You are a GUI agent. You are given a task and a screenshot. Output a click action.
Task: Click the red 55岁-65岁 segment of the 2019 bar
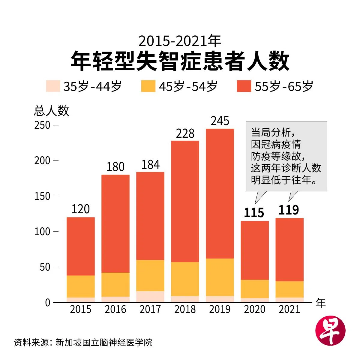coord(220,193)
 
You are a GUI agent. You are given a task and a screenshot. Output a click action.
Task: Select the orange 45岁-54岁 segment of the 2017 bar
coord(150,275)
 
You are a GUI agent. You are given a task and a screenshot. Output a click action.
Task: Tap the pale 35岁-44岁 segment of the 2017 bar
coord(150,296)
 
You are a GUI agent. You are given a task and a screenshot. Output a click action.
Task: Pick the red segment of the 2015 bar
coord(80,246)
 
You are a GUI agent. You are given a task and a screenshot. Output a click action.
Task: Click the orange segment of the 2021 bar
coord(289,289)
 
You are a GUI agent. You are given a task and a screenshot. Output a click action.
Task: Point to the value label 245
coord(220,121)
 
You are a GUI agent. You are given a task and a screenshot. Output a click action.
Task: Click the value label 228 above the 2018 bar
coord(185,133)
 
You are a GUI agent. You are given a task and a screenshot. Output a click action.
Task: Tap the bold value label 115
coord(254,213)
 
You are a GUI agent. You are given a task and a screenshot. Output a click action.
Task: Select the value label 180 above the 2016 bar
coord(115,167)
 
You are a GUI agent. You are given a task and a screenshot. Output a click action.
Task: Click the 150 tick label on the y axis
coord(42,196)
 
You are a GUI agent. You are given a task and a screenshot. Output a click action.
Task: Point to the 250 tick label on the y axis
coord(42,125)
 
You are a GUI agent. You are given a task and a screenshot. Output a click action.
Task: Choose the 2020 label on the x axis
coord(254,309)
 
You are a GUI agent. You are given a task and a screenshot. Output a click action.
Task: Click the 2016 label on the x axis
coord(115,309)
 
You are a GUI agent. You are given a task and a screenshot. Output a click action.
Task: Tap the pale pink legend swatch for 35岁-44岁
coord(53,86)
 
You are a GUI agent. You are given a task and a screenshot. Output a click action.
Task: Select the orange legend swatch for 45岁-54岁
coord(148,86)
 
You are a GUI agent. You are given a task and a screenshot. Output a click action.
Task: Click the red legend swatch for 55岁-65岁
coord(244,86)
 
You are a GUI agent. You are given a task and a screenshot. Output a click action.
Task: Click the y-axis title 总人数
coord(51,111)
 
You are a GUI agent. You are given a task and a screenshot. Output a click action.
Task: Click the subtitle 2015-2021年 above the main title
coord(180,41)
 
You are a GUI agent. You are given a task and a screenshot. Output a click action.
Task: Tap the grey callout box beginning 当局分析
coord(286,156)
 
